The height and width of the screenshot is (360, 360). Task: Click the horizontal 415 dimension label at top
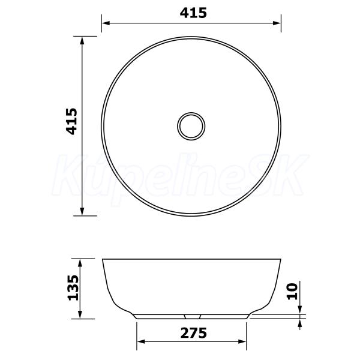(193, 13)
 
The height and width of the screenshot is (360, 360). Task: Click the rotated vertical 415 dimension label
(71, 121)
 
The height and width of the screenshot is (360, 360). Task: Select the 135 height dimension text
(73, 287)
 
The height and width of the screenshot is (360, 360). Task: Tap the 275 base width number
(194, 333)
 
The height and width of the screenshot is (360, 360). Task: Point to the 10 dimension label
(292, 292)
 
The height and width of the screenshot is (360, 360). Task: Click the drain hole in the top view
(191, 126)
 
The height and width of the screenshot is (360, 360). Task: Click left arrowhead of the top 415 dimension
(106, 23)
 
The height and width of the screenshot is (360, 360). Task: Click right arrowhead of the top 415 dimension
(277, 23)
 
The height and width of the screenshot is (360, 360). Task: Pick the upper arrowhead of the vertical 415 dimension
(82, 41)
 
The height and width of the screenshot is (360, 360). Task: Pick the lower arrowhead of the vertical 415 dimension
(82, 211)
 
